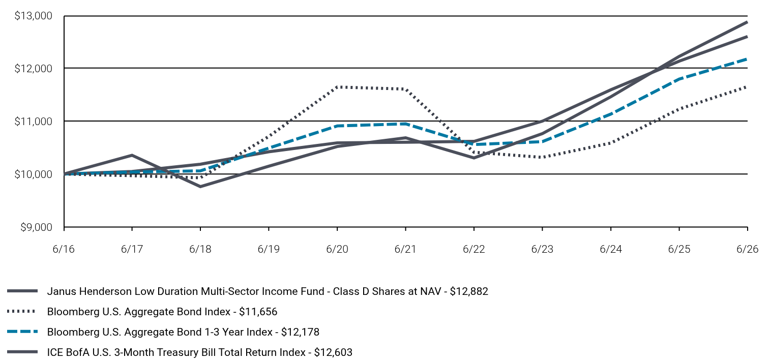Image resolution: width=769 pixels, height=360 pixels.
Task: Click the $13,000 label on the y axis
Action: point(33,16)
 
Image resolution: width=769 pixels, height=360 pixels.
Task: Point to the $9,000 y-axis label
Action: point(36,227)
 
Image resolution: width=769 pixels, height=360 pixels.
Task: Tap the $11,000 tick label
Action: point(33,122)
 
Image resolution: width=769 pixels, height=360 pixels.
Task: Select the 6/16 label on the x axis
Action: point(64,249)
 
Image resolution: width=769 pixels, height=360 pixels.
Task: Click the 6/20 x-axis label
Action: point(337,249)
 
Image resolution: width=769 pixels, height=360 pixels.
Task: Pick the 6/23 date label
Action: point(542,249)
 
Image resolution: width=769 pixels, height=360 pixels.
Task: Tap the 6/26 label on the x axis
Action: point(747,249)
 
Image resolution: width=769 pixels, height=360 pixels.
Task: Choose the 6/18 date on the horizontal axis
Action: point(200,249)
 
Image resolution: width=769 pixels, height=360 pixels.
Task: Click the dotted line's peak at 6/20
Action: point(337,87)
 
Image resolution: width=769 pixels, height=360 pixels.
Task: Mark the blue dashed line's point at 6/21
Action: point(405,124)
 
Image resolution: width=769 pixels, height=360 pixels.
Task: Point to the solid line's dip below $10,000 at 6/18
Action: point(200,186)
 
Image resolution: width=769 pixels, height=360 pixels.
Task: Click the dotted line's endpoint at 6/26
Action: point(747,87)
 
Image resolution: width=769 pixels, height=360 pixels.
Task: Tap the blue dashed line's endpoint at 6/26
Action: point(747,59)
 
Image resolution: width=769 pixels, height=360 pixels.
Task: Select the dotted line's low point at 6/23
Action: point(542,157)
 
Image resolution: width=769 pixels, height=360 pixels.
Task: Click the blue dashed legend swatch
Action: point(22,332)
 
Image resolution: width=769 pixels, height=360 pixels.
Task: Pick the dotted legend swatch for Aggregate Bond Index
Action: point(21,312)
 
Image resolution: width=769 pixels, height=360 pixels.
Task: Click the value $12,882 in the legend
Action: point(469,291)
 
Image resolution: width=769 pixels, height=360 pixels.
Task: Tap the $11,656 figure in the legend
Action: point(258,312)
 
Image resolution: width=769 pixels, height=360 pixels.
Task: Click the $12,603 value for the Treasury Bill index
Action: point(333,352)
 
